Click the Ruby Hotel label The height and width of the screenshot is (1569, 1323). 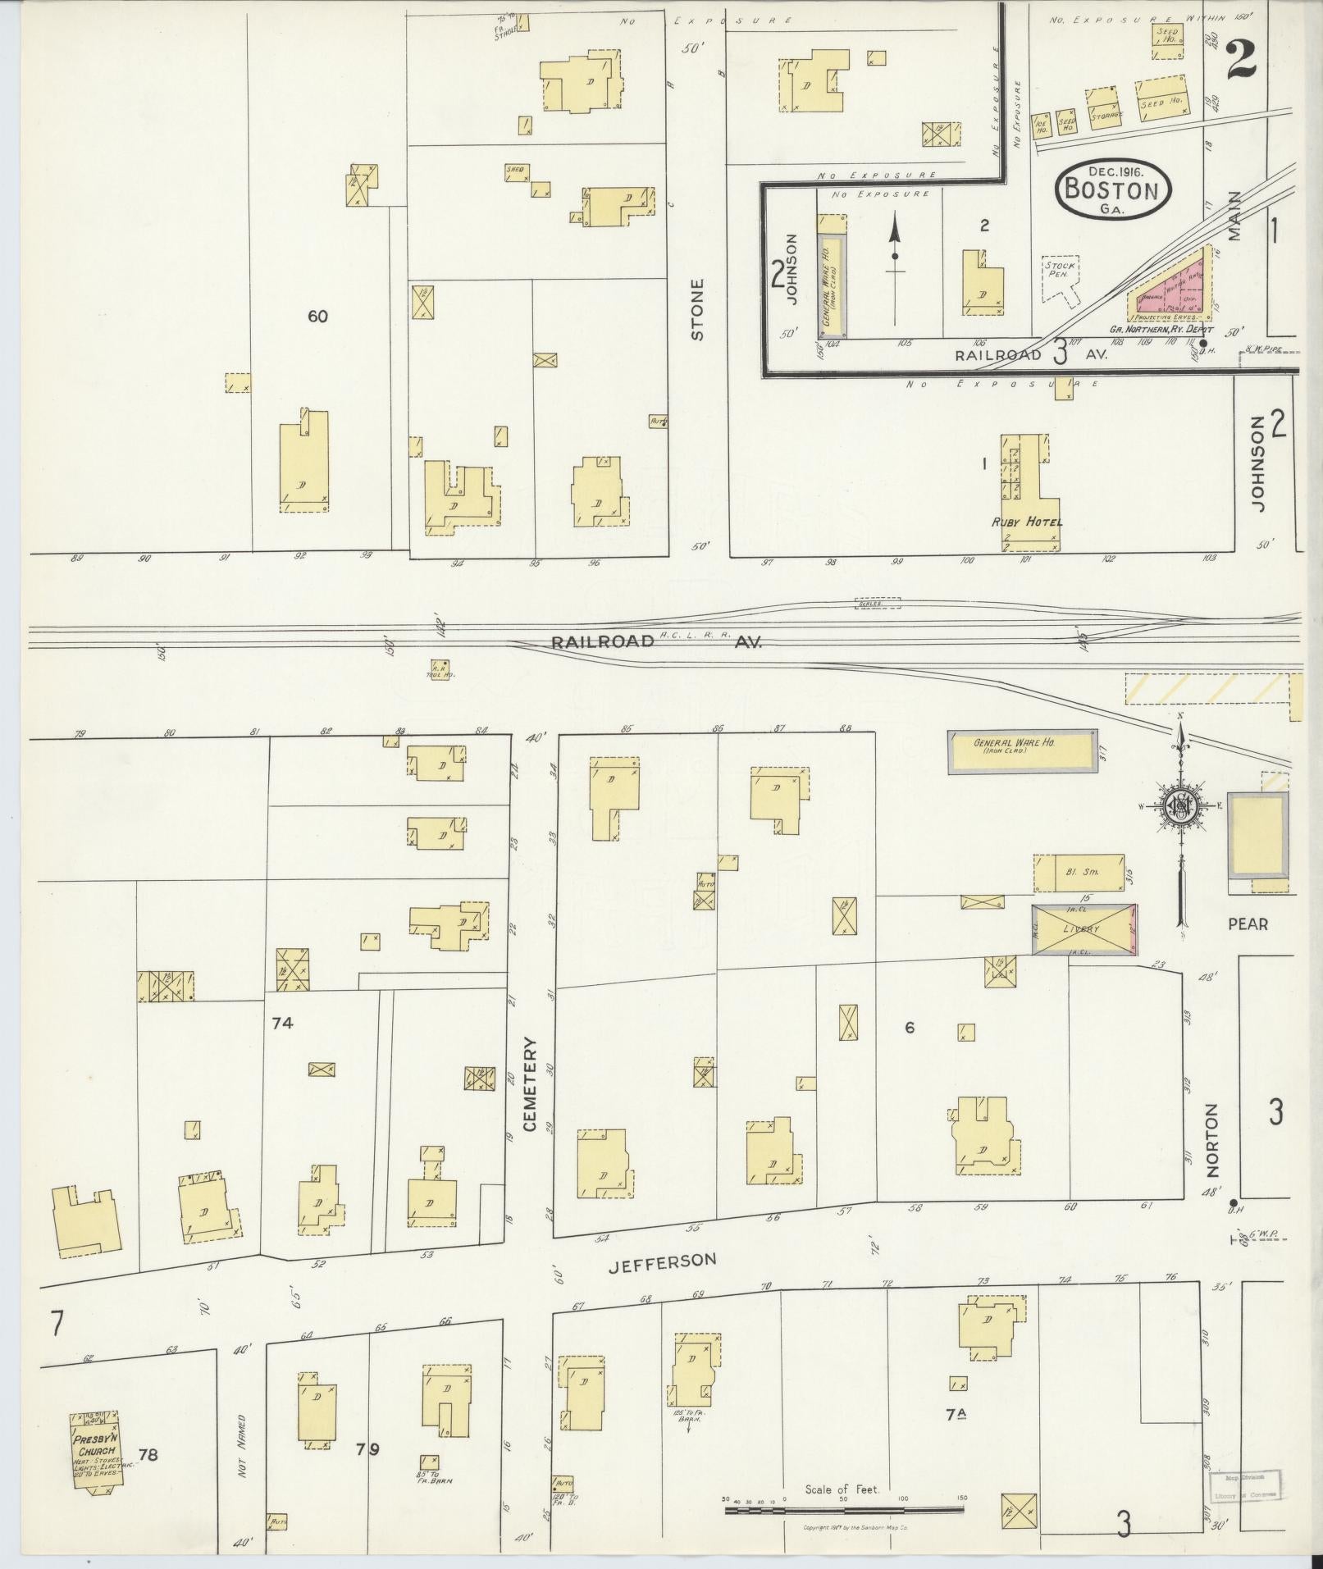coord(1028,522)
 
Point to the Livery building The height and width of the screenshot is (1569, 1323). coord(1083,928)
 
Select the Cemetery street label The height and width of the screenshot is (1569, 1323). coord(529,1083)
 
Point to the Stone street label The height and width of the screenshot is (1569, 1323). coord(697,309)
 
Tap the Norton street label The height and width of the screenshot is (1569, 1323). coord(1213,1139)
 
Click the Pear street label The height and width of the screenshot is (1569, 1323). coord(1248,924)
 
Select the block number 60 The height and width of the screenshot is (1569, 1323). coord(317,316)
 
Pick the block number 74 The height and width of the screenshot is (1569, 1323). coord(283,1023)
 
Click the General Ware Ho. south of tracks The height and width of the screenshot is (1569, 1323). coord(1022,750)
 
